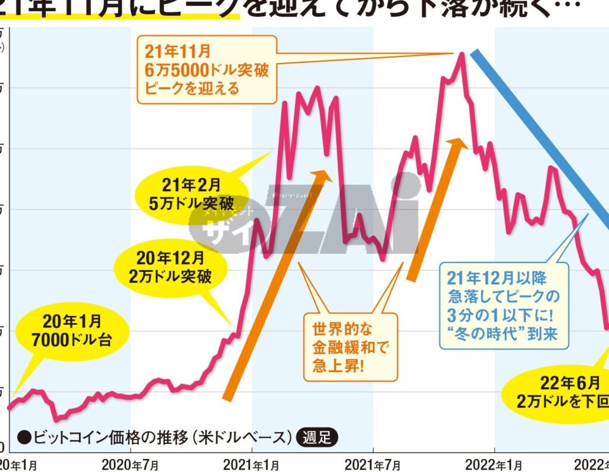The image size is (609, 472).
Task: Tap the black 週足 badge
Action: point(316,438)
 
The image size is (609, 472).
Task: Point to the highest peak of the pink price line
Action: point(461,54)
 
